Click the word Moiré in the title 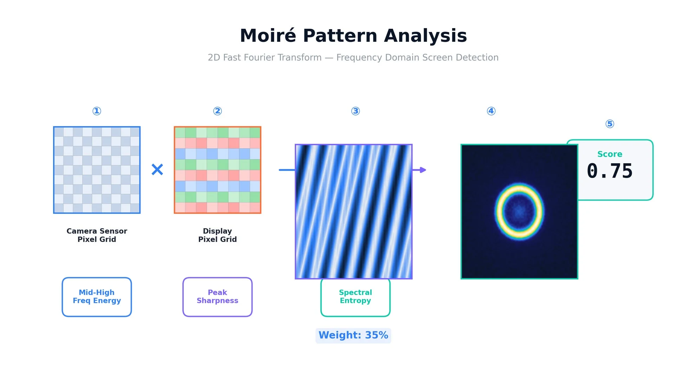coord(268,35)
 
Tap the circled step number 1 coord(97,111)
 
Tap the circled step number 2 coord(217,111)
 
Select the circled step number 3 coord(355,111)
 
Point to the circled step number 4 coord(491,111)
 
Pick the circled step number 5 coord(610,124)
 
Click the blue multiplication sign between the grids coord(157,170)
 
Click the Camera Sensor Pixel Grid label coord(97,235)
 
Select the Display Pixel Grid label coord(217,235)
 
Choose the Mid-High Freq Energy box coord(97,297)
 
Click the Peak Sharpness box coord(217,297)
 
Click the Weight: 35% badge coord(353,336)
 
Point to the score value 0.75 coord(610,171)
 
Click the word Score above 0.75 coord(610,154)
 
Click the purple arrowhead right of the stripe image coord(423,170)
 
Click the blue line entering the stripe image coord(287,170)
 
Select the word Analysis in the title coord(426,36)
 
